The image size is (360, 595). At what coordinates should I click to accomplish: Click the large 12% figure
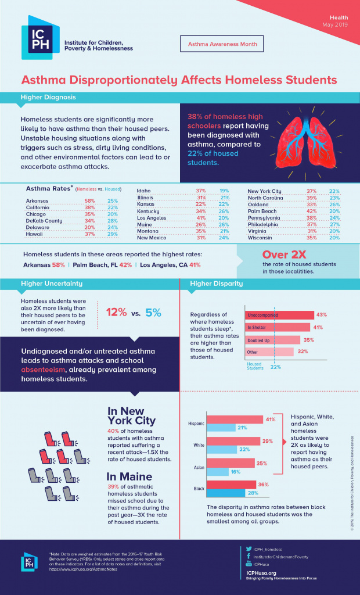click(117, 312)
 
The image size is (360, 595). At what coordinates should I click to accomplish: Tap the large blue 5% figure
click(153, 312)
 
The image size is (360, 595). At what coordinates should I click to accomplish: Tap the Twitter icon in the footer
click(249, 548)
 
